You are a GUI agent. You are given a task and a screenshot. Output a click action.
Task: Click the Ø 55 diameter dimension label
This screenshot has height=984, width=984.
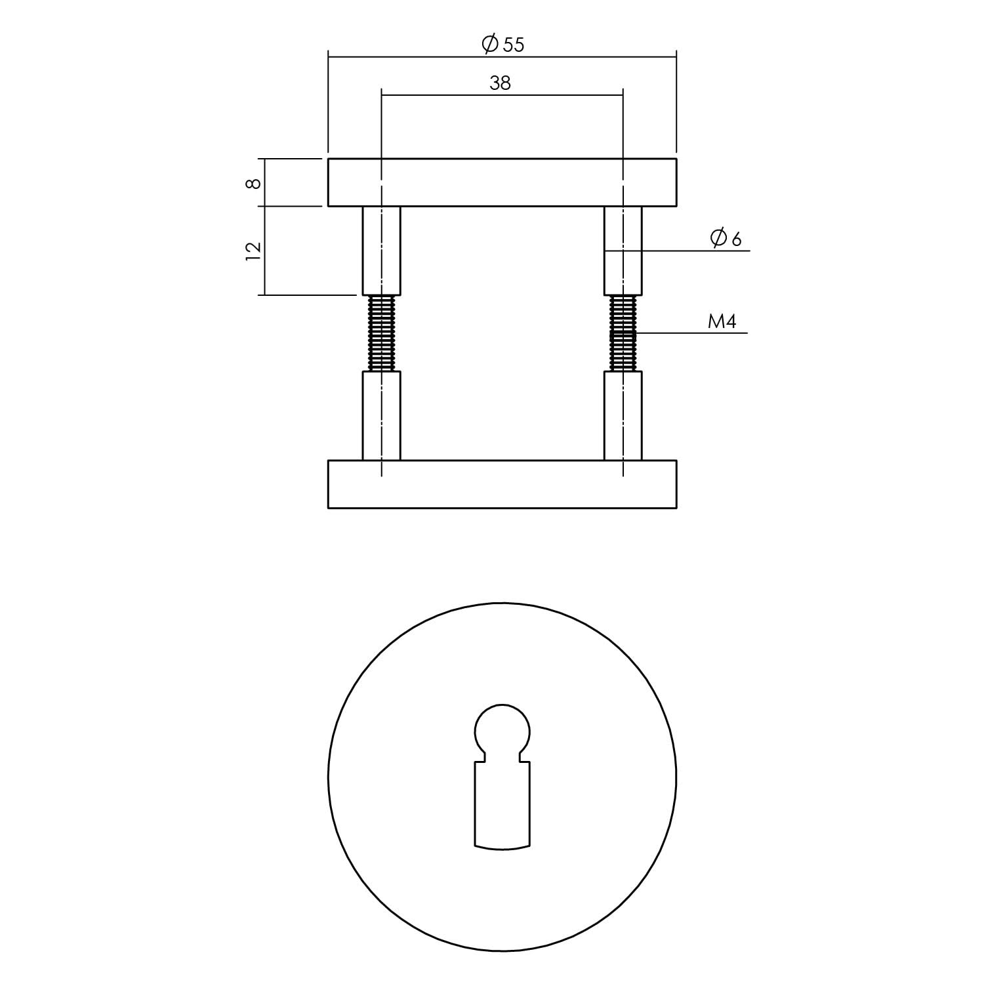tap(503, 45)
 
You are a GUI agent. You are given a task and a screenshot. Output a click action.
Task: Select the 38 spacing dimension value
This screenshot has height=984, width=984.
tap(500, 83)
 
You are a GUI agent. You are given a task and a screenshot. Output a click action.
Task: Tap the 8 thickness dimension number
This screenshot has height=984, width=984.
tap(253, 183)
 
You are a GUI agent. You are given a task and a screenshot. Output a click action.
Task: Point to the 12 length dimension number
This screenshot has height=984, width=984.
tap(253, 251)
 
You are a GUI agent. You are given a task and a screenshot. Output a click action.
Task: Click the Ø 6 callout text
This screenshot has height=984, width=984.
tap(726, 239)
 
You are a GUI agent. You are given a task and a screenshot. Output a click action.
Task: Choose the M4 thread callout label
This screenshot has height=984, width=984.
tap(722, 321)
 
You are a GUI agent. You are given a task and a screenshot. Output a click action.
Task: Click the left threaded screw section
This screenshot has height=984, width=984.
tap(381, 333)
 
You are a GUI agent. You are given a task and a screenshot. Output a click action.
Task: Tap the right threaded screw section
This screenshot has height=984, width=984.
tap(623, 333)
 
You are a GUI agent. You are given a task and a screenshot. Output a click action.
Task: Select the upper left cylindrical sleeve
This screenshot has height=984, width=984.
tap(381, 251)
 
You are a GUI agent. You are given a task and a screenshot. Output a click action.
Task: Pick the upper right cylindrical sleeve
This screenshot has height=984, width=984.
tap(623, 251)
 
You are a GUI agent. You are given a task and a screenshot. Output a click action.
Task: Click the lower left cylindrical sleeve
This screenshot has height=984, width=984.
tap(381, 416)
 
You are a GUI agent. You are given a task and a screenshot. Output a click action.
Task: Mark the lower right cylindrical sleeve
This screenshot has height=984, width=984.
tap(623, 416)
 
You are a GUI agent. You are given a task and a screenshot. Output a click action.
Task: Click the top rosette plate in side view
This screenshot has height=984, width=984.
tap(502, 182)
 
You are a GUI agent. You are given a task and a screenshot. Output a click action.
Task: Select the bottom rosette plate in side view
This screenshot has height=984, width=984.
tap(502, 484)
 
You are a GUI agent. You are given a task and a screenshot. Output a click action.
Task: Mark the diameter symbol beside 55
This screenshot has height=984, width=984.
tap(489, 45)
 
